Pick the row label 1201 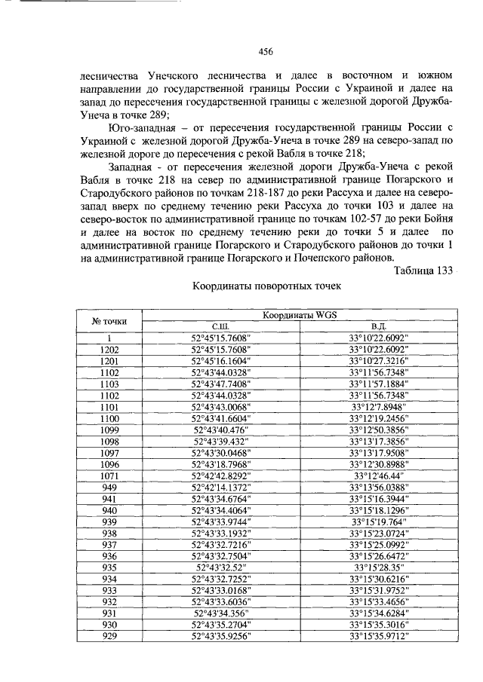click(110, 361)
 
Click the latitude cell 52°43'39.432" click(221, 442)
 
